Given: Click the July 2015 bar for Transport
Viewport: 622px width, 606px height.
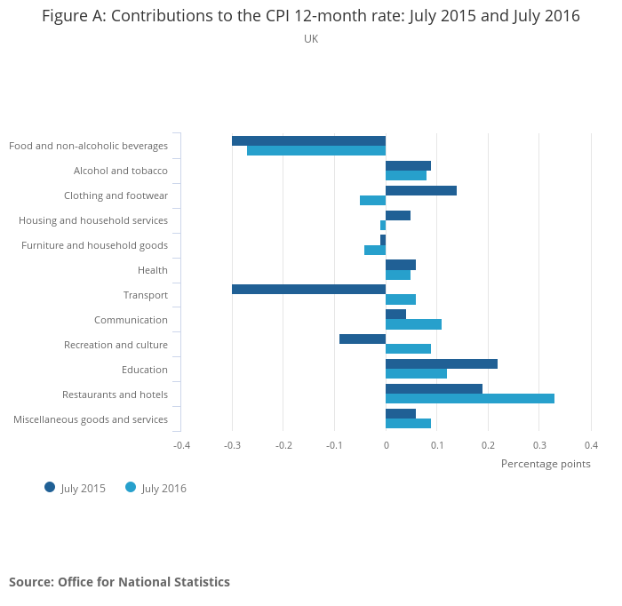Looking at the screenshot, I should click(x=308, y=290).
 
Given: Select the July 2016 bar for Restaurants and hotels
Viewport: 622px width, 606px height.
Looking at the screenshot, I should click(x=470, y=398).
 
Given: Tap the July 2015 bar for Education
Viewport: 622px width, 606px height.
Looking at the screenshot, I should click(x=442, y=363).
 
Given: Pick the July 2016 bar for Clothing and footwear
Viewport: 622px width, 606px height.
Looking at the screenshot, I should click(x=373, y=200).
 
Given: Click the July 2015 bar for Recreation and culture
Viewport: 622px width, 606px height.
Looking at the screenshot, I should click(x=363, y=339).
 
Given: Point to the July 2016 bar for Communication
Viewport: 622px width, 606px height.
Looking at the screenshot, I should click(x=414, y=324).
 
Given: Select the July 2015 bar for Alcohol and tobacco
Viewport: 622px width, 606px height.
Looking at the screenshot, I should click(x=409, y=165).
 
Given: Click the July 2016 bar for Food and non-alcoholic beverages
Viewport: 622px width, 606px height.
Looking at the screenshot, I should click(x=316, y=150).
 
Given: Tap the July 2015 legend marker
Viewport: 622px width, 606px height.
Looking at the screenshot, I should click(x=50, y=487).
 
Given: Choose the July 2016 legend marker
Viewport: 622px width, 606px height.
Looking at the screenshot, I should click(x=131, y=487).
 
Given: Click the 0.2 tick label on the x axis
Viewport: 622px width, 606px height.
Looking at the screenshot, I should click(x=489, y=445).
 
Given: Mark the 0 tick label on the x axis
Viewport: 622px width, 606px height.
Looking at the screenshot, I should click(x=386, y=445).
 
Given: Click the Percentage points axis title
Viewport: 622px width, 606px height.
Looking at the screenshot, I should click(x=546, y=464).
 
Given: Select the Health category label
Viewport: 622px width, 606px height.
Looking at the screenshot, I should click(x=153, y=270).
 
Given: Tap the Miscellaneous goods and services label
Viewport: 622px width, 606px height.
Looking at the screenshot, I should click(x=91, y=419).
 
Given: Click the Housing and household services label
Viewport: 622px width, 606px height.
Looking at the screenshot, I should click(x=93, y=220).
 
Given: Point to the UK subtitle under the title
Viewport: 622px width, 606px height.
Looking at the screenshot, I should click(x=311, y=39).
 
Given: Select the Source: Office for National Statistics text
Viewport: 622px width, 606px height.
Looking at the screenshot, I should click(x=119, y=582).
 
